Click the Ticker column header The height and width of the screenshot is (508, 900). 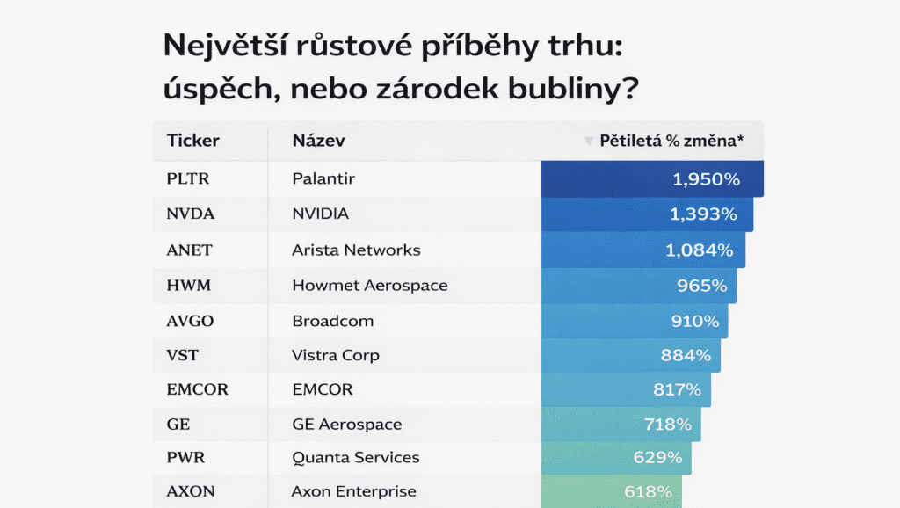[192, 141]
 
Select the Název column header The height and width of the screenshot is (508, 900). [318, 141]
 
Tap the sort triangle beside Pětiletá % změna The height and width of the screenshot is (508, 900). [589, 141]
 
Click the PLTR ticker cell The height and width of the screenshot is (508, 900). [189, 179]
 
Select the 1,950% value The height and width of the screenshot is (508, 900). [707, 179]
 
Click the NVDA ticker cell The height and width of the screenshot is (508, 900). [191, 214]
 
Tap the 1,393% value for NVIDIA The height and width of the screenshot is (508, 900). [703, 214]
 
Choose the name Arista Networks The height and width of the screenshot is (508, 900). [356, 250]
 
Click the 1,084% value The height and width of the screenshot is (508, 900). [700, 250]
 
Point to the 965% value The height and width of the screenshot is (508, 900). [702, 285]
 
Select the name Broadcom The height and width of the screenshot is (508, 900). [332, 321]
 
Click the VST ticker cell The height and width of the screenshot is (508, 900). [181, 356]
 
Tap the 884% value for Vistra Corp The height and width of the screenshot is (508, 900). [686, 356]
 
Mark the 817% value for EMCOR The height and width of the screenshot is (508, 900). [677, 389]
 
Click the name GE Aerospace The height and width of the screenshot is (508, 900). [346, 425]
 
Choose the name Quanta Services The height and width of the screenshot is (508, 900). [355, 458]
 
